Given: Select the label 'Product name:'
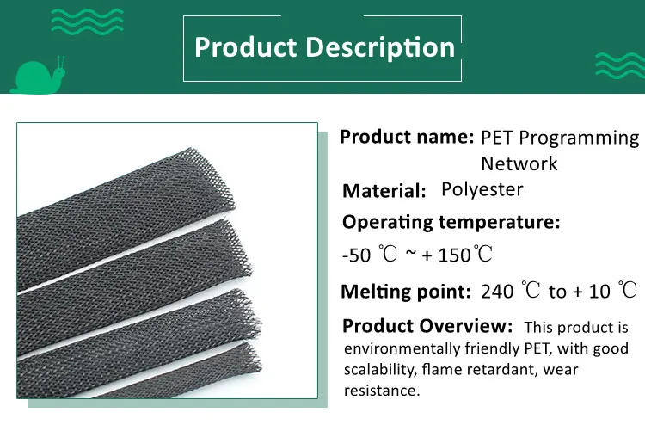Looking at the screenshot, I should (x=406, y=137).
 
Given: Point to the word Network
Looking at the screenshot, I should (x=519, y=163).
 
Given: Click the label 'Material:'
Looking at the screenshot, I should (x=384, y=191).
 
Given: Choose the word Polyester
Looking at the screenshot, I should (x=482, y=189).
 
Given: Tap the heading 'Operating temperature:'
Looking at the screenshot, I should (x=451, y=222).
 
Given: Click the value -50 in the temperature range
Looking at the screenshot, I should (x=356, y=255).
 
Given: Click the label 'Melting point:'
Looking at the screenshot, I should (x=405, y=291).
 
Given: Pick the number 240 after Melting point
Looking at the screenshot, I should (x=497, y=291).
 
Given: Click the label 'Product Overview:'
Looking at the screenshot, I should (x=427, y=326).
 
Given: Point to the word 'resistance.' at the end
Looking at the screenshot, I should (x=382, y=391).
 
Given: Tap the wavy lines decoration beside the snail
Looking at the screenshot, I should (x=86, y=19).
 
